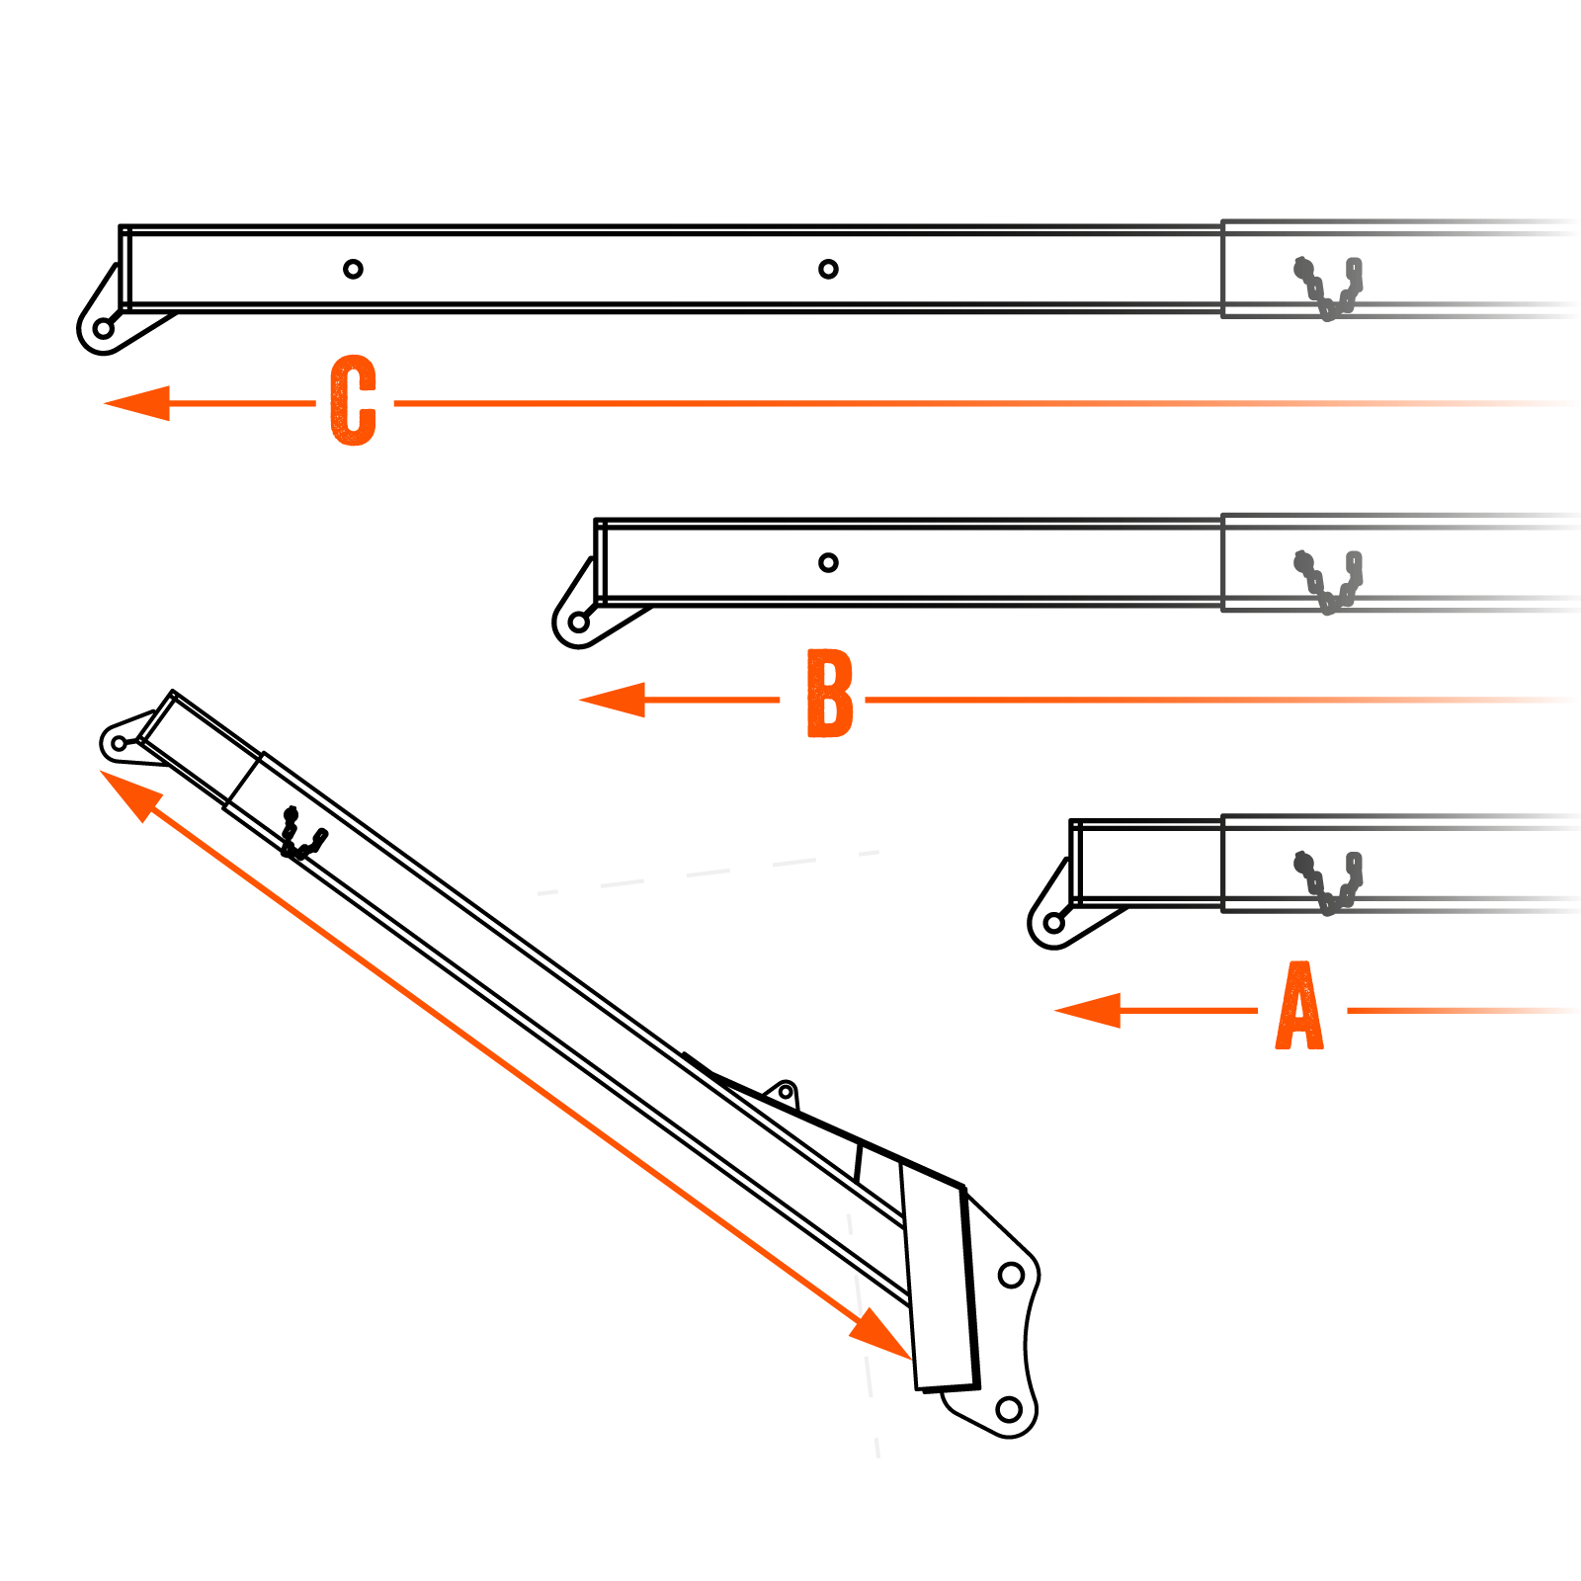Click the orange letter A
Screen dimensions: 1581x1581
pos(1299,1006)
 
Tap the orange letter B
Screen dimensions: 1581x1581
pos(829,694)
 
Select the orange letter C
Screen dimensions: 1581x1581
pos(353,399)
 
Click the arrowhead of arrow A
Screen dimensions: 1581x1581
pos(1087,1011)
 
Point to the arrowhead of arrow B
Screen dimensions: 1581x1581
pos(612,700)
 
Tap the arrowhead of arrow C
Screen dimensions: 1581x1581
pos(136,403)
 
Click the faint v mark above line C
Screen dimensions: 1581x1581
pos(1329,287)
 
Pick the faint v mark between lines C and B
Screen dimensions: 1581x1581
pos(1329,581)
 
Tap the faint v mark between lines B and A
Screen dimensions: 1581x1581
pos(1329,881)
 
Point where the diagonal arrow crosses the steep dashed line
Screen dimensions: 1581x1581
pos(861,1318)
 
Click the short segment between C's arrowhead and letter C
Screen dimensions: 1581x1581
pos(242,403)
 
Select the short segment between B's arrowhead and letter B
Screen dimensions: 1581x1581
pos(711,700)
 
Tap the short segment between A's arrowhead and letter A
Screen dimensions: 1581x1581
pos(1189,1011)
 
